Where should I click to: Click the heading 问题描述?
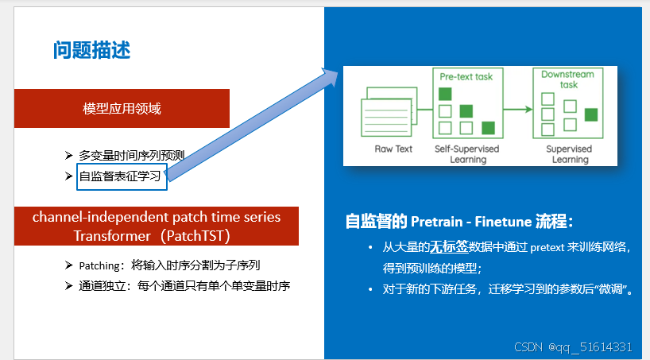click(x=91, y=51)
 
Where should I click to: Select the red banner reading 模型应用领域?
click(x=122, y=108)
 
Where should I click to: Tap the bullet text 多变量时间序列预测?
click(x=132, y=155)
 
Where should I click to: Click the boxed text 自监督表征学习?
click(x=122, y=176)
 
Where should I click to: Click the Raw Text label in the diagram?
click(x=393, y=149)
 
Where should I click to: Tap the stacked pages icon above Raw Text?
click(x=389, y=116)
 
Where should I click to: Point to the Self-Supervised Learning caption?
click(x=467, y=154)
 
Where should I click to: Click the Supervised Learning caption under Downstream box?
click(x=568, y=154)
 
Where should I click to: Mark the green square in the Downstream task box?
click(x=590, y=114)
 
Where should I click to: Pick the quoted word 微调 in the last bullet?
click(x=616, y=289)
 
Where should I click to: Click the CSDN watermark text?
click(x=573, y=347)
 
